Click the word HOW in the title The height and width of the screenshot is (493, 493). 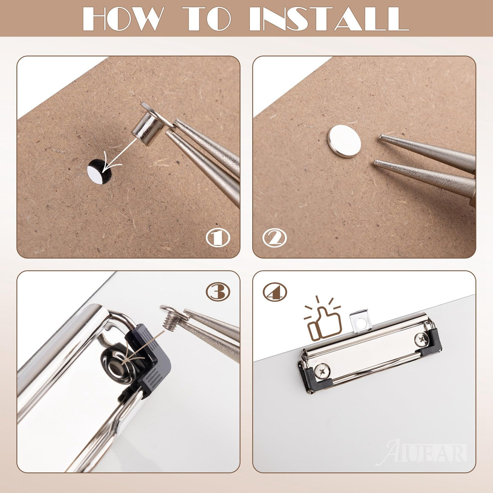coord(123,19)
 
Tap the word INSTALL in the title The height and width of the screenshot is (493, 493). coord(329,19)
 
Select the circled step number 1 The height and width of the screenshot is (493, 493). coord(218,238)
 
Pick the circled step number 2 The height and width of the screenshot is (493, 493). coord(275,238)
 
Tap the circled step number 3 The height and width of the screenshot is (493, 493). coord(218,292)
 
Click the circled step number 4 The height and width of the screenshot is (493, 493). coord(275,292)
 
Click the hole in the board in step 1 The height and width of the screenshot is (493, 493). coord(99,171)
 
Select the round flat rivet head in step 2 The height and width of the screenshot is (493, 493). coord(344,141)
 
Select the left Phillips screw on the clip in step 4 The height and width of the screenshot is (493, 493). coord(322,371)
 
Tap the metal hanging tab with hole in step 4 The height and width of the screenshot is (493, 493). coord(361,321)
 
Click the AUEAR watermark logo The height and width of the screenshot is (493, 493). coord(421,453)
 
